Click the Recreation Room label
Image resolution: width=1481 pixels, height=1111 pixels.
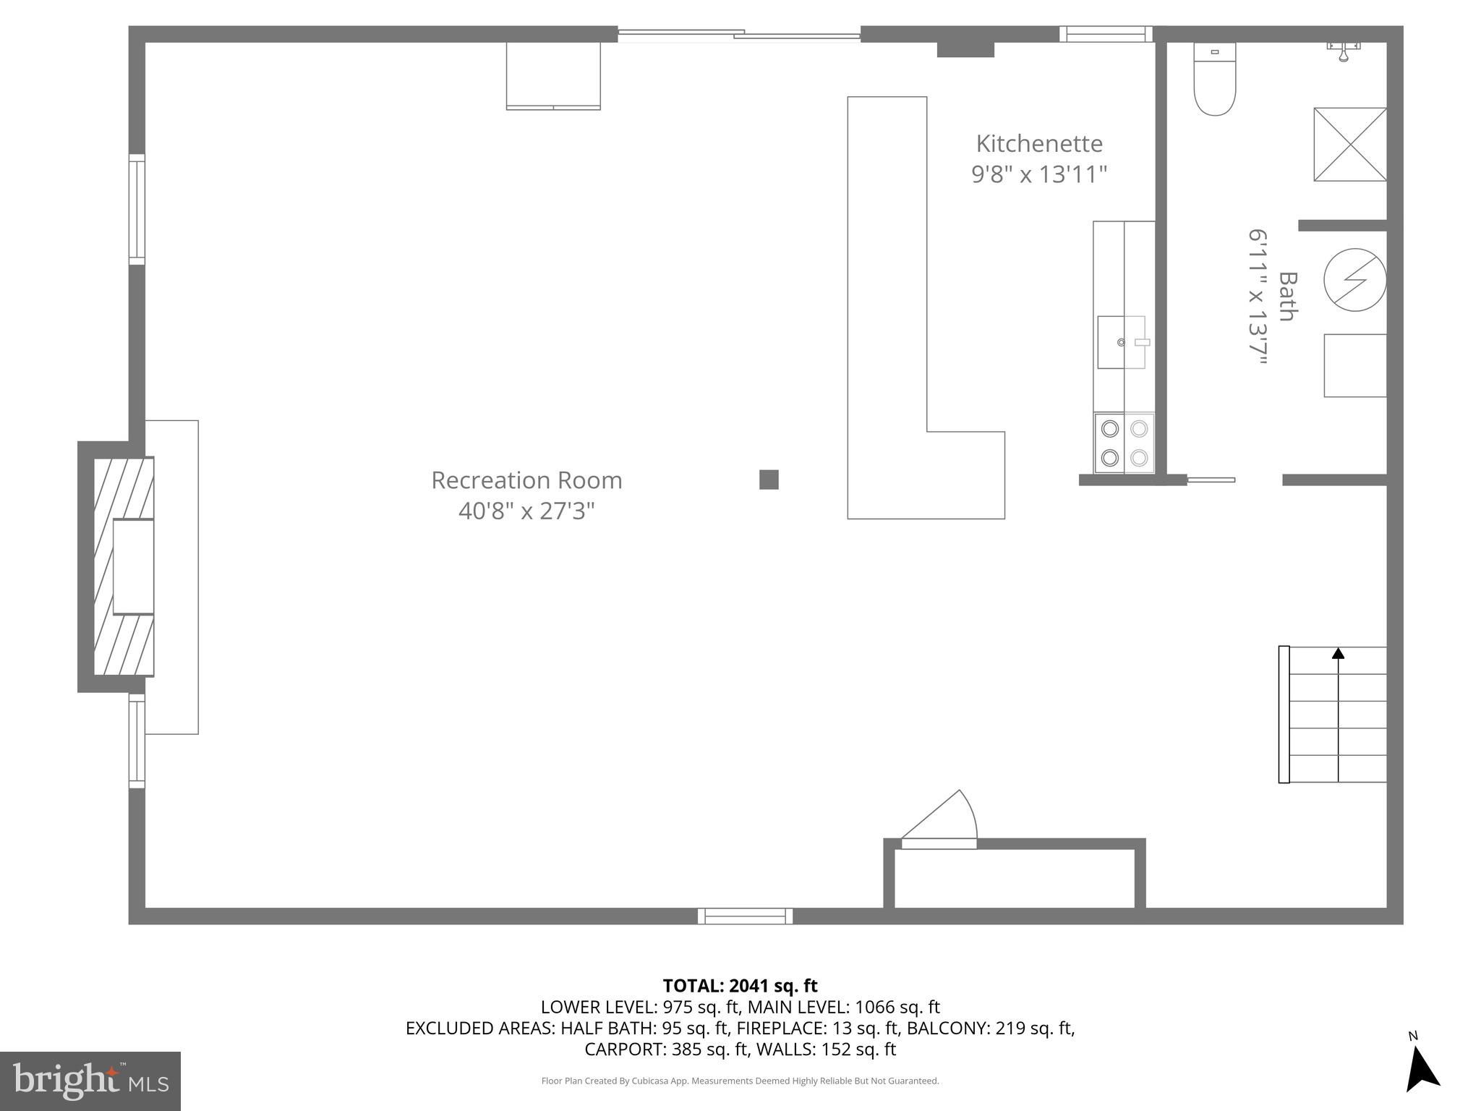click(x=526, y=480)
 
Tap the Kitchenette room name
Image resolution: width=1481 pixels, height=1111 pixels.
click(x=1039, y=144)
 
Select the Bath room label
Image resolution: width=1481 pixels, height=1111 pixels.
click(x=1287, y=296)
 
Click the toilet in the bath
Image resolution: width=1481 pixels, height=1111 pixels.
click(x=1214, y=80)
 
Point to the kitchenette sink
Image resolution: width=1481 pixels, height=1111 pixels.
click(x=1122, y=342)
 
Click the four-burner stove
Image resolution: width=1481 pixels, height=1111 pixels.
click(x=1124, y=443)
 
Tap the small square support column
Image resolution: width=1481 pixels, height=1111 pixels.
click(x=769, y=480)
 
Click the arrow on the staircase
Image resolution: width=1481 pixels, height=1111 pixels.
click(x=1338, y=654)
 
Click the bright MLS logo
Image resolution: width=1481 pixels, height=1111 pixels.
click(x=90, y=1081)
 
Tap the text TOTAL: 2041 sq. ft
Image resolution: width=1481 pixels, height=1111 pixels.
click(x=740, y=986)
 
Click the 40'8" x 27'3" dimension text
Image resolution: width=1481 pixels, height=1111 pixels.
click(x=526, y=511)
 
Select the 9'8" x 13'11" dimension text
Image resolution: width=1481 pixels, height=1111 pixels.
click(x=1039, y=175)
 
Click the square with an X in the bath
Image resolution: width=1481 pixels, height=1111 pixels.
click(x=1349, y=144)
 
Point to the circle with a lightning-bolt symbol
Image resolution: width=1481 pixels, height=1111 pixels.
click(x=1354, y=280)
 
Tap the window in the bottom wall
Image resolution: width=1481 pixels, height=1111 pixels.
click(x=745, y=916)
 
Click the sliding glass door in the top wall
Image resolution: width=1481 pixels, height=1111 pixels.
click(x=738, y=34)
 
